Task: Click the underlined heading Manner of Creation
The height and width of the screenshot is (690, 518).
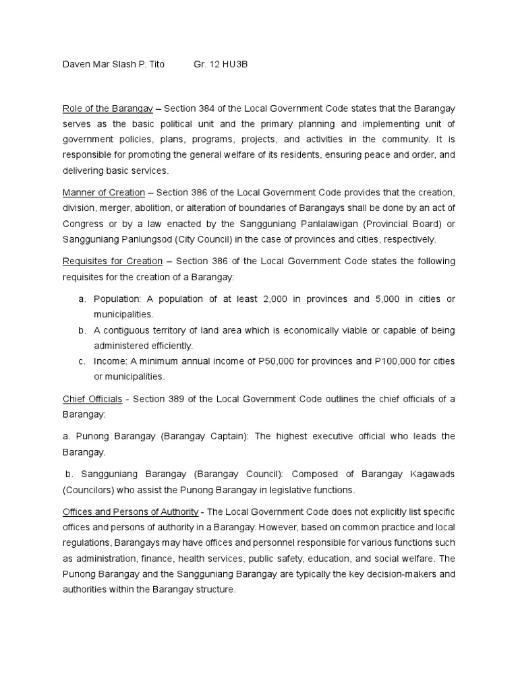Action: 103,193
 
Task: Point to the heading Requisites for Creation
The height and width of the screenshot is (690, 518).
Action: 112,261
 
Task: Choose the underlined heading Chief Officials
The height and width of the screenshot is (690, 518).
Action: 92,399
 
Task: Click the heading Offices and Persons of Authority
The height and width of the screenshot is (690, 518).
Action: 130,511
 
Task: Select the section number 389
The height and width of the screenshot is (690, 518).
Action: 184,399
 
